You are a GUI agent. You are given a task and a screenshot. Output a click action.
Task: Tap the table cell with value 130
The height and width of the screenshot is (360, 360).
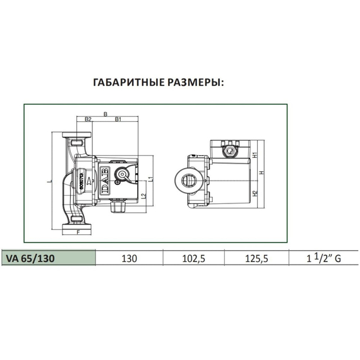[x=129, y=258]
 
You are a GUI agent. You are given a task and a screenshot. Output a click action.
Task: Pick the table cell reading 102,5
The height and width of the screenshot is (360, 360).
[x=193, y=258]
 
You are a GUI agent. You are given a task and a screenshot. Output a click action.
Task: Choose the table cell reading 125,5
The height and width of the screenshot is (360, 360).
[x=256, y=258]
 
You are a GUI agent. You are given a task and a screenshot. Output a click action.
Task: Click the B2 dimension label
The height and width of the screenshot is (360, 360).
[x=88, y=119]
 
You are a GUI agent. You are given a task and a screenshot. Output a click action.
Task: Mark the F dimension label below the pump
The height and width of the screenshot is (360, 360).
[x=78, y=233]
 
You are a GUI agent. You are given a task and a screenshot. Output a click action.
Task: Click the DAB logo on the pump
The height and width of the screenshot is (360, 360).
[x=103, y=181]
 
